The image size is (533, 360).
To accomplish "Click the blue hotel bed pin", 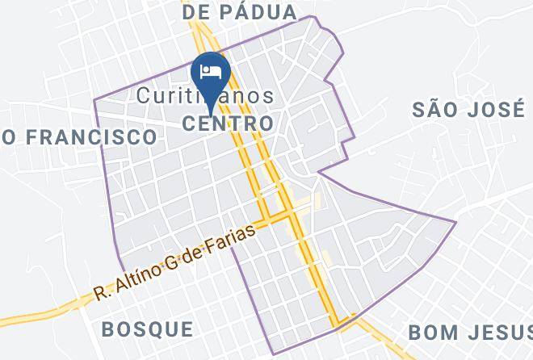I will coord(211,73).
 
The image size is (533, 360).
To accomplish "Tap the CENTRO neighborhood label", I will coord(227,123).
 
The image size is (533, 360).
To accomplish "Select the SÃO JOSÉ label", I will coord(468,110).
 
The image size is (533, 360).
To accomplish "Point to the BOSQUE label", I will coord(149,329).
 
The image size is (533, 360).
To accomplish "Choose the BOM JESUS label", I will coord(470,333).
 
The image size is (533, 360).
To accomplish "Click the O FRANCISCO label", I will coord(79,136).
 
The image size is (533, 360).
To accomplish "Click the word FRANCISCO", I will coord(91,136).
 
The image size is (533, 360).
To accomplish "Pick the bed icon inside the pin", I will coord(211,70).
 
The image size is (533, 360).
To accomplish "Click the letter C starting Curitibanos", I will coord(143,95).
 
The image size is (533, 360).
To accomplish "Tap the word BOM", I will coord(428,333).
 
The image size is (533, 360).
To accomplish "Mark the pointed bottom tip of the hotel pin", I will coord(211,112).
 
